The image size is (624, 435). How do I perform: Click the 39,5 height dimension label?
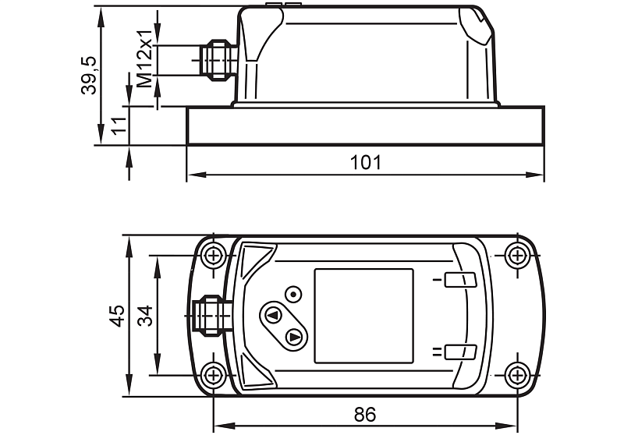(88, 75)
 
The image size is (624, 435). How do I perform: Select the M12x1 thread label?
(145, 58)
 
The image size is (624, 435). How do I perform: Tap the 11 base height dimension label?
(119, 126)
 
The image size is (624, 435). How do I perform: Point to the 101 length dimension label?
(365, 162)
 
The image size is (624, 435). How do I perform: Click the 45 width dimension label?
(118, 316)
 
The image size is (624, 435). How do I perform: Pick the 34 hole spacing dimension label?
(145, 316)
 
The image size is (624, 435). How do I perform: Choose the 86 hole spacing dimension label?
(365, 414)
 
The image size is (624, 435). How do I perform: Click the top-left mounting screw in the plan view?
(214, 255)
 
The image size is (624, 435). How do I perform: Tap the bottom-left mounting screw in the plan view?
(214, 375)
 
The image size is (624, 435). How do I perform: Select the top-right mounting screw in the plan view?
(517, 255)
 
